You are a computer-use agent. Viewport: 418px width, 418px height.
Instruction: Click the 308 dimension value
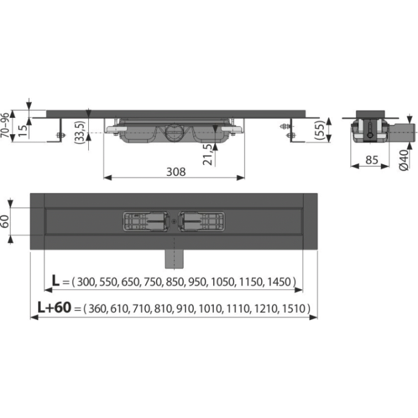(176, 172)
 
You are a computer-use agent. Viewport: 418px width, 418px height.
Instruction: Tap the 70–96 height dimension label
(5, 125)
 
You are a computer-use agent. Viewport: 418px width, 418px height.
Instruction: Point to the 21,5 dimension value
(208, 154)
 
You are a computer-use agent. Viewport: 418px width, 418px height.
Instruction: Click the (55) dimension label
(320, 131)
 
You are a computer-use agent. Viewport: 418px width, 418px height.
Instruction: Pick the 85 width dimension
(372, 160)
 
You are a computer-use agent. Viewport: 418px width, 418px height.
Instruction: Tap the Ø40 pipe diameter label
(404, 160)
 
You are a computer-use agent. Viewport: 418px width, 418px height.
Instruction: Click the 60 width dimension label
(5, 221)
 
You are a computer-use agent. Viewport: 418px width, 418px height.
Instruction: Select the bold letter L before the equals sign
(56, 280)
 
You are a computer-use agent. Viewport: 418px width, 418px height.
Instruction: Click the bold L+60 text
(55, 307)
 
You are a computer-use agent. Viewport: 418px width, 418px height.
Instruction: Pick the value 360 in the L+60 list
(98, 309)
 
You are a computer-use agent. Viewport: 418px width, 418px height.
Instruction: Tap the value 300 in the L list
(86, 282)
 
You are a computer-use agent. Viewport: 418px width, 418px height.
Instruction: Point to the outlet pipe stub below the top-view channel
(174, 259)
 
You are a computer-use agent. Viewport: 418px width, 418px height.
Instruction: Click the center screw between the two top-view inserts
(174, 221)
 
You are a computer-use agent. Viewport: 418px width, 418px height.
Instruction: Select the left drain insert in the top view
(146, 221)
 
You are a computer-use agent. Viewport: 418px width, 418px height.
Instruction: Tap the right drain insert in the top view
(202, 221)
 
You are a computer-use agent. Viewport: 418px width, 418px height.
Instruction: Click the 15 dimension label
(23, 130)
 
